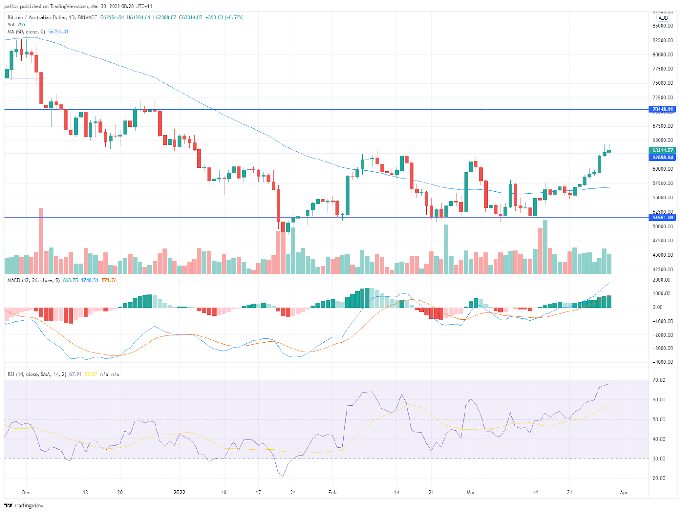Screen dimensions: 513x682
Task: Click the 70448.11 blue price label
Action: point(662,110)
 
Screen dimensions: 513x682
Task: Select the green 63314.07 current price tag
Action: point(662,150)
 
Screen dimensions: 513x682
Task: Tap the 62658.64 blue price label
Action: point(662,157)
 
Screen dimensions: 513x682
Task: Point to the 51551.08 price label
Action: point(662,217)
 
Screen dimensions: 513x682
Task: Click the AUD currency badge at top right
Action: point(663,18)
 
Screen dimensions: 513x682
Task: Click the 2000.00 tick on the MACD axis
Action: point(662,280)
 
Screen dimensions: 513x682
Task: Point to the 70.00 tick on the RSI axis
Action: point(659,380)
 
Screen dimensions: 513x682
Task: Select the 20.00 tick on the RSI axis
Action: point(659,478)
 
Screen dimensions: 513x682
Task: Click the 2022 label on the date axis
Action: point(179,493)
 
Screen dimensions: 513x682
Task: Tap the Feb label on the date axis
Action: point(332,493)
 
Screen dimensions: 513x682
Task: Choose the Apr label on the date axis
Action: point(624,493)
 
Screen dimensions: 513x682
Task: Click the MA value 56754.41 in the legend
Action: point(58,32)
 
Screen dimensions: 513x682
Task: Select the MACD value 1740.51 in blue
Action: point(90,280)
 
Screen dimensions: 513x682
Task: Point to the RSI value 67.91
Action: point(75,375)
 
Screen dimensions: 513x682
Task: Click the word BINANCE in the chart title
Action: point(87,17)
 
